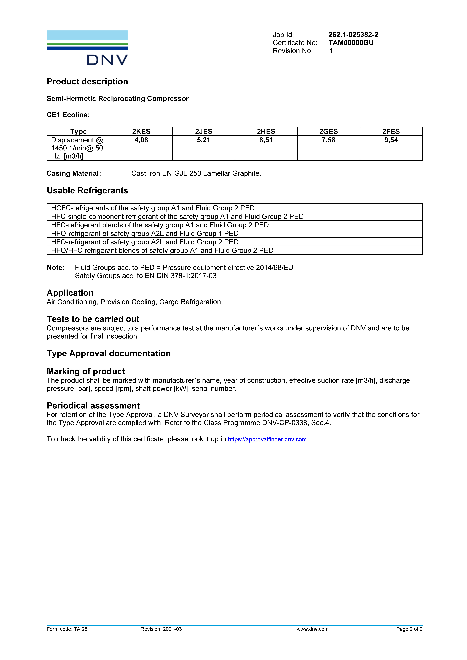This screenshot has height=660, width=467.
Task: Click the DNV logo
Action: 87,48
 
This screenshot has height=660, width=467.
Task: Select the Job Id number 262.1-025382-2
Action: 353,35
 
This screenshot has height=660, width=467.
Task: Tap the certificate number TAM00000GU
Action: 351,43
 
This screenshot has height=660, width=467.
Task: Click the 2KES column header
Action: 141,131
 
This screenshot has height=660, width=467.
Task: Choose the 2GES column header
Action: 328,131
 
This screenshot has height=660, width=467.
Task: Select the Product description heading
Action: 87,82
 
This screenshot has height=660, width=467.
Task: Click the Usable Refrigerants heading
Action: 87,191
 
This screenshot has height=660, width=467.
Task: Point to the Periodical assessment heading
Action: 93,406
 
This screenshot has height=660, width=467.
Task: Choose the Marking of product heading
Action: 86,371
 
